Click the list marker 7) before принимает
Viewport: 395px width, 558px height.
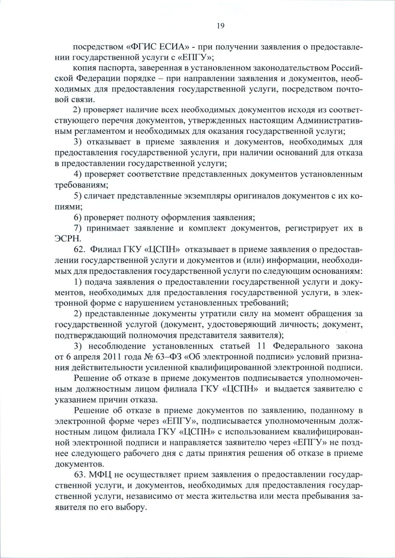78,228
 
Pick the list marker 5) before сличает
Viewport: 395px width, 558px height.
78,196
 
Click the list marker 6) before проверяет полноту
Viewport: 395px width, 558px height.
78,217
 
